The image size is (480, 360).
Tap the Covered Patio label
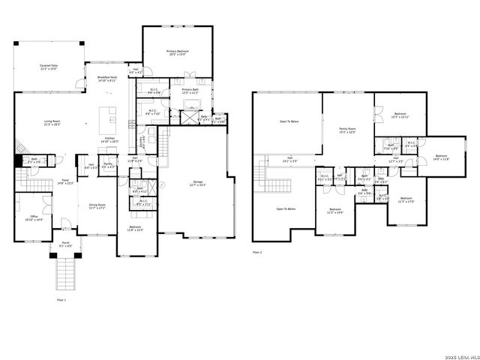(x=49, y=67)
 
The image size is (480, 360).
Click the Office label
(x=33, y=218)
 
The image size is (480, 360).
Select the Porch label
(x=65, y=244)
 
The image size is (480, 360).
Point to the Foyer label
(x=66, y=181)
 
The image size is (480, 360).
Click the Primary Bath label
(x=190, y=91)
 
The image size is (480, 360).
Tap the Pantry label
(x=108, y=165)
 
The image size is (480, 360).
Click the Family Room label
(x=348, y=130)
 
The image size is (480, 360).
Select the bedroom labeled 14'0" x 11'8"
(x=441, y=157)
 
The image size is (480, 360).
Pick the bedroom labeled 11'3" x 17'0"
(x=406, y=199)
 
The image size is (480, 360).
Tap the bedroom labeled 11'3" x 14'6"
(x=334, y=211)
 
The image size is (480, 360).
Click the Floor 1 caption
(x=61, y=299)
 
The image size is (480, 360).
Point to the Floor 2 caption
(x=257, y=253)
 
